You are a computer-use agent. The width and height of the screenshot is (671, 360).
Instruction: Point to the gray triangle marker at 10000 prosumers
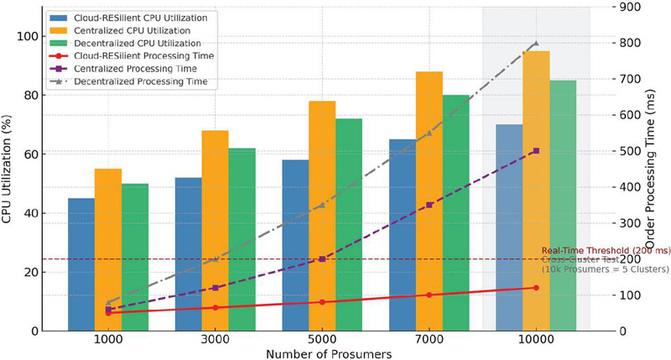coord(536,43)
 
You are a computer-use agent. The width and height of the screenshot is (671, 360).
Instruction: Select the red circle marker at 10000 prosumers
coord(536,288)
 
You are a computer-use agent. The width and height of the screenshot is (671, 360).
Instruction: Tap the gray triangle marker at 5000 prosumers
coord(322,205)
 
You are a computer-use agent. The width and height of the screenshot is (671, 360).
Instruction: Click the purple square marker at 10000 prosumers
coord(536,151)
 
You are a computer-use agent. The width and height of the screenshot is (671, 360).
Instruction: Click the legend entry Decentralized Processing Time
coord(141,82)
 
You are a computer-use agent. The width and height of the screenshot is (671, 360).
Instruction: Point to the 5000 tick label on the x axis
coord(322,342)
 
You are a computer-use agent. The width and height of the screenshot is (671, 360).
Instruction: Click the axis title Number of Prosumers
coord(322,354)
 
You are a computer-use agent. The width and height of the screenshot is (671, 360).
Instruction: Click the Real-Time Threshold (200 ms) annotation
coord(606,250)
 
